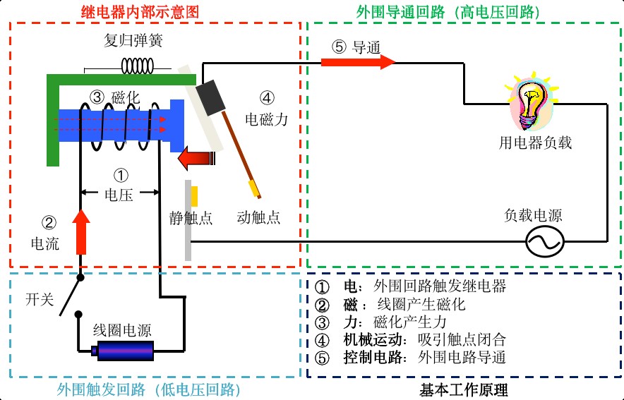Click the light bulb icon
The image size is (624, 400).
point(531,102)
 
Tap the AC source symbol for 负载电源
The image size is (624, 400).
point(544,243)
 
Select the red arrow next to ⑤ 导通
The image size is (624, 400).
point(358,62)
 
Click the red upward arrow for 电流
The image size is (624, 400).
point(82,231)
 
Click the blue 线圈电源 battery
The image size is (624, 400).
point(126,349)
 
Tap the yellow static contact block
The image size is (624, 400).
point(193,196)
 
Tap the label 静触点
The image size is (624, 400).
point(191,217)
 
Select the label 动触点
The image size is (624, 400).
point(258,217)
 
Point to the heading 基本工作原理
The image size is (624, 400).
point(464,389)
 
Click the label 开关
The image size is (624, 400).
point(40,300)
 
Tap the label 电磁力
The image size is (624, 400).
point(266,119)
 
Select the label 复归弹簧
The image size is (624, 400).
point(133,41)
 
